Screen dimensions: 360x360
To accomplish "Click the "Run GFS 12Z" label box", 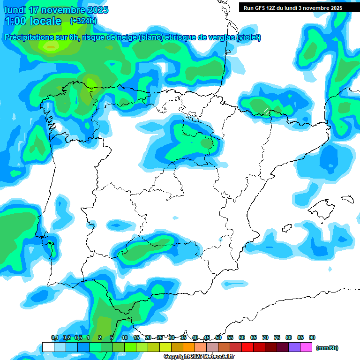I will (292, 7).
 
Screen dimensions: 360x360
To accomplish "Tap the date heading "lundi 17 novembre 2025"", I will (56, 10).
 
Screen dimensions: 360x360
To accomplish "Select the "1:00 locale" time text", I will (33, 21).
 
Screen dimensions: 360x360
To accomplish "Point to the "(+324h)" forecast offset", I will (83, 21).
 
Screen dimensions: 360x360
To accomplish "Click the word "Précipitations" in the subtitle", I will (28, 37).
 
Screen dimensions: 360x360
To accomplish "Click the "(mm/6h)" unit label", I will (327, 348).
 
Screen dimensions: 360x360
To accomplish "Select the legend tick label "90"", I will (312, 337).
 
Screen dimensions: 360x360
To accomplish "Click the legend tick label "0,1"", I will (55, 337).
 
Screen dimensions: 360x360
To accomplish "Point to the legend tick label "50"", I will (218, 337).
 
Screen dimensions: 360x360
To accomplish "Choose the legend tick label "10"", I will (125, 337).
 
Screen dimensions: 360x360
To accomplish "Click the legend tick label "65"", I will (254, 337).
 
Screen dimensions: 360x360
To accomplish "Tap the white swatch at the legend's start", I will (48, 347).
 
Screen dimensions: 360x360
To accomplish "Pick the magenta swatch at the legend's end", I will (306, 347).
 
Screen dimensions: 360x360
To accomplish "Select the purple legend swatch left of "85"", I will (294, 347).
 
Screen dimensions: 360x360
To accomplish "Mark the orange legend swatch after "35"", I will (189, 347).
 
